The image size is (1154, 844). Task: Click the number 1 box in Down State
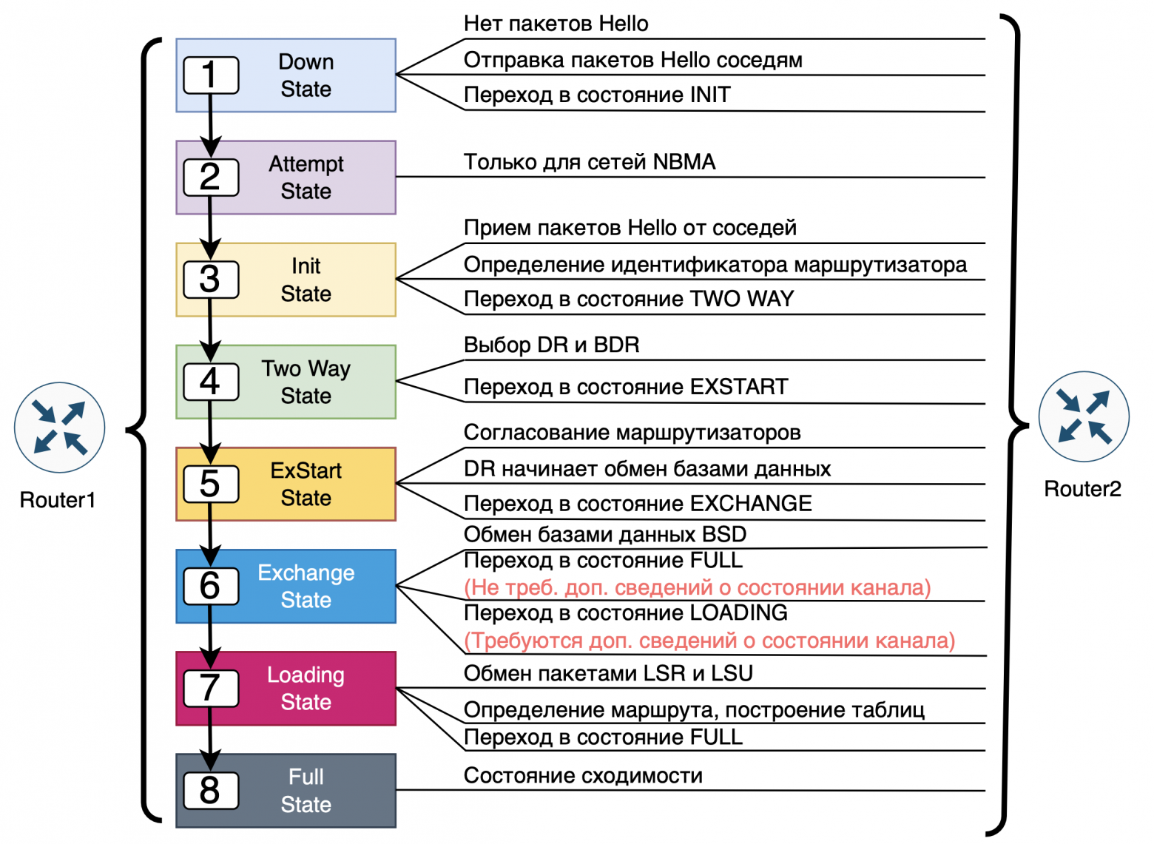[x=211, y=75]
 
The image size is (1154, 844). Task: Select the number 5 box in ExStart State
[x=211, y=484]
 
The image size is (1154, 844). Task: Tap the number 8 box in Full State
[x=211, y=790]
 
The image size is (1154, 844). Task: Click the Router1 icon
[x=59, y=428]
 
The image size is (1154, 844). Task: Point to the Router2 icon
[x=1083, y=416]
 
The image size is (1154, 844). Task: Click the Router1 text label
[x=58, y=500]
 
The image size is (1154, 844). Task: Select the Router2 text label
[x=1082, y=489]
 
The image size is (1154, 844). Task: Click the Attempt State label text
[x=306, y=178]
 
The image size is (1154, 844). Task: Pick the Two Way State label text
[x=306, y=382]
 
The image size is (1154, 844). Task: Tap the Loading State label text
[x=306, y=688]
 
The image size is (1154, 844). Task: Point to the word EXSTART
[x=738, y=387]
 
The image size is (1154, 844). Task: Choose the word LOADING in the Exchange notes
[x=738, y=612]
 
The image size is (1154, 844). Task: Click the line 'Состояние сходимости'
[x=583, y=775]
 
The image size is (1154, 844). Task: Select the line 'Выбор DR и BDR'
[x=551, y=345]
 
